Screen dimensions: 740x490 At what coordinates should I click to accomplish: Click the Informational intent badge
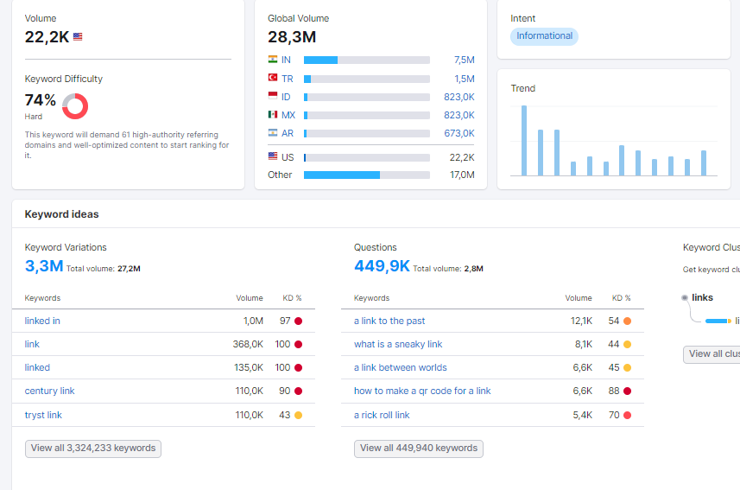544,36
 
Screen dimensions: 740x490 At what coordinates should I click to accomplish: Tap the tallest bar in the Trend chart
524,140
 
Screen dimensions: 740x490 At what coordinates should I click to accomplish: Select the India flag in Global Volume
273,60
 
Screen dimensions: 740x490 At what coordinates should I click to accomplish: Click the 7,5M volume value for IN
465,60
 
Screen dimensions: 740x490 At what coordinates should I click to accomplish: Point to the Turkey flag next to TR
273,78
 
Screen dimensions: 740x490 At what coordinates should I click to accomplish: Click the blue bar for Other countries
342,175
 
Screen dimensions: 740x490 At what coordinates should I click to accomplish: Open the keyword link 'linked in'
42,321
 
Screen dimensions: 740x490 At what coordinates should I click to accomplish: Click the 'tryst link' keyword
43,415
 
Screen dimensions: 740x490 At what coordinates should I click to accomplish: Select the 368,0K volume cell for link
248,345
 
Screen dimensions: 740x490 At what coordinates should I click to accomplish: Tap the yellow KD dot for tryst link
298,416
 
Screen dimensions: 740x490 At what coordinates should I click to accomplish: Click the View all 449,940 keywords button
419,449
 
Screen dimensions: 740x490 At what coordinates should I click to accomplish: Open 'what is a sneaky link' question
398,345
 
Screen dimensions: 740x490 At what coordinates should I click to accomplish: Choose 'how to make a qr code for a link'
422,391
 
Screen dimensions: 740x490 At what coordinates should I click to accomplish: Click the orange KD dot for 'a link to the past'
627,321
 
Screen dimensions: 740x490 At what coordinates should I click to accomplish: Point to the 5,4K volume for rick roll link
582,416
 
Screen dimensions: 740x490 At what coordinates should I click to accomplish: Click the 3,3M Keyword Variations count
44,266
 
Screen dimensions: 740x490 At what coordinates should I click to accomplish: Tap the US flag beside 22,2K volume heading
78,37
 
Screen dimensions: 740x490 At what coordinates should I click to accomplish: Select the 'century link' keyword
49,391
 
